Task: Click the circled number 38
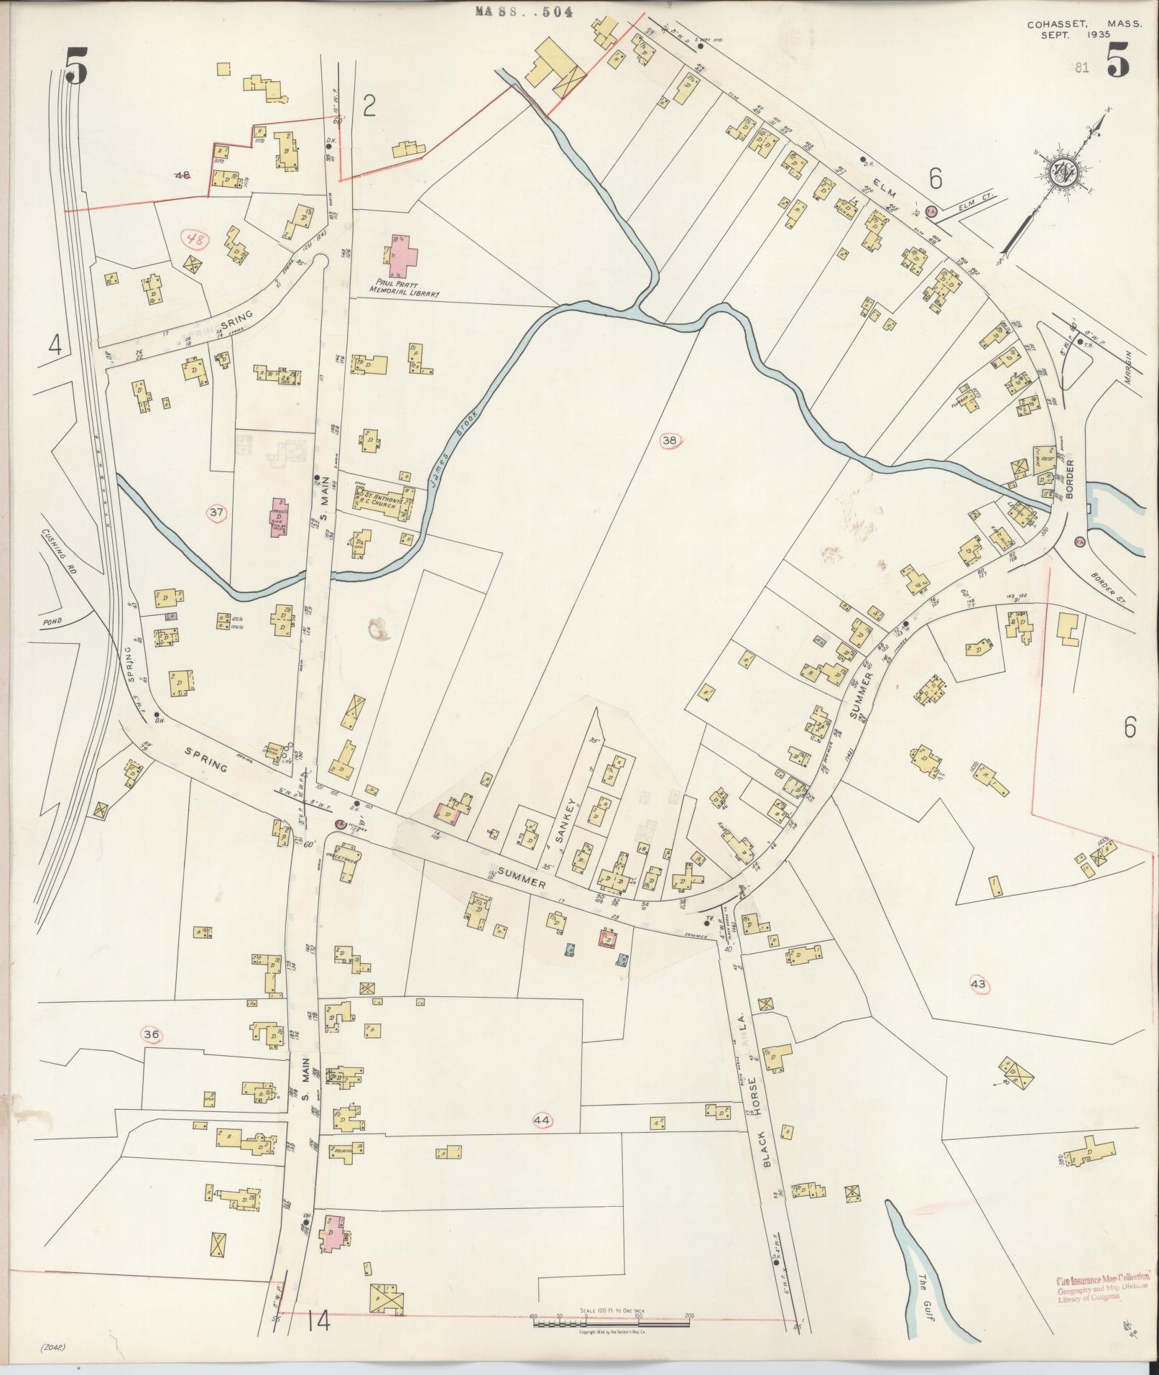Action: pos(670,440)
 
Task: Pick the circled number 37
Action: pos(216,512)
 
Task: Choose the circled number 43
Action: pos(978,984)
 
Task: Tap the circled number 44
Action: pos(542,1119)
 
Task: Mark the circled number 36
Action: pos(152,1034)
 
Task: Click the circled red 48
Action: pos(192,239)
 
